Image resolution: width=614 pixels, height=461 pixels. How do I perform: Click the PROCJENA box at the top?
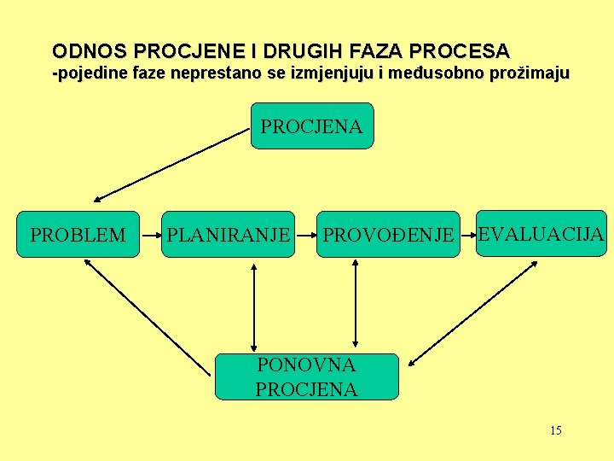(312, 126)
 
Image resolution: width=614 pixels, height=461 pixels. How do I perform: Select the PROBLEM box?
(78, 234)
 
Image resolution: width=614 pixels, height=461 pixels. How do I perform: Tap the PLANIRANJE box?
(229, 234)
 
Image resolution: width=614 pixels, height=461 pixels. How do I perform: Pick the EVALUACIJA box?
(542, 233)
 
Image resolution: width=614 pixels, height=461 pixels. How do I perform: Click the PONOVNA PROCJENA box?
(306, 376)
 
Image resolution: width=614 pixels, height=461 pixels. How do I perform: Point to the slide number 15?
(555, 430)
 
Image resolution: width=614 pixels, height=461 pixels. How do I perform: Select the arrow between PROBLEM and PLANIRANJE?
(151, 233)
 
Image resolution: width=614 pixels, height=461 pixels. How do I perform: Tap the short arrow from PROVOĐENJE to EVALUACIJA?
(467, 234)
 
